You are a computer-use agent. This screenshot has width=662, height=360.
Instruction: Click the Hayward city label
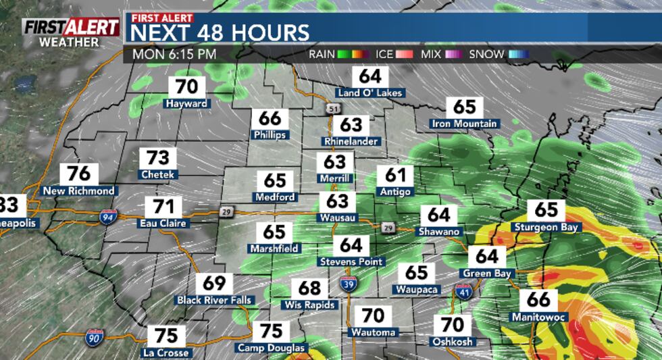(186, 104)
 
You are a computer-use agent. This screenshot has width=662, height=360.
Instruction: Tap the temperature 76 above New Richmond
(78, 174)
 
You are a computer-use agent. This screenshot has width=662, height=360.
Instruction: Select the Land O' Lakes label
(370, 93)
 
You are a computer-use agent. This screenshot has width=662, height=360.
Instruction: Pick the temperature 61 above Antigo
(395, 176)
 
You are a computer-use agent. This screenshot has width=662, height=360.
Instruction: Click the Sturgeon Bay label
(546, 227)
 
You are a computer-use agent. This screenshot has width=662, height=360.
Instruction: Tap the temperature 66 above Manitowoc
(539, 299)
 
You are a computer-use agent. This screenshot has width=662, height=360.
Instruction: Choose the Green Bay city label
(486, 274)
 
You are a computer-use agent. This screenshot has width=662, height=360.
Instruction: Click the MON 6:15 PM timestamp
(174, 54)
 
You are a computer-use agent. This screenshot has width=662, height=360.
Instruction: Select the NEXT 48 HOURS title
(220, 32)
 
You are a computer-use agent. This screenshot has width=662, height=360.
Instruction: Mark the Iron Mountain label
(464, 124)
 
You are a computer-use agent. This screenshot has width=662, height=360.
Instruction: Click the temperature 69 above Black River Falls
(213, 284)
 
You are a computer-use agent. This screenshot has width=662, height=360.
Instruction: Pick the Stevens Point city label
(351, 261)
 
